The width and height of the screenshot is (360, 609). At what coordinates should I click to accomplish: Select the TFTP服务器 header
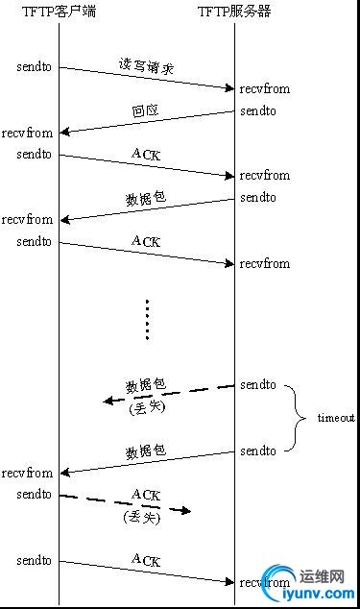coord(234,11)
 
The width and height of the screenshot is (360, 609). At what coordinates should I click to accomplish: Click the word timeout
coord(336,419)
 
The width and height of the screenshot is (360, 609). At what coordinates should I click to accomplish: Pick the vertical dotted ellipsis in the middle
coord(147,319)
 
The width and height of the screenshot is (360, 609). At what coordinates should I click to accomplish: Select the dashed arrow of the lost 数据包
coord(169,395)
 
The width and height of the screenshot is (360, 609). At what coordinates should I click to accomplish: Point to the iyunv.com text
coord(318,594)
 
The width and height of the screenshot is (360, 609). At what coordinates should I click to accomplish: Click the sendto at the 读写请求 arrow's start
coord(34,67)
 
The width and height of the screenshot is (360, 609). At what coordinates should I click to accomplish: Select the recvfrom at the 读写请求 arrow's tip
coord(264,89)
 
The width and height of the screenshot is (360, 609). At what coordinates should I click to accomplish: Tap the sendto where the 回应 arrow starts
coord(257,111)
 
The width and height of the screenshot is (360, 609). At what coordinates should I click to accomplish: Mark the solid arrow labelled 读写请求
coord(146,78)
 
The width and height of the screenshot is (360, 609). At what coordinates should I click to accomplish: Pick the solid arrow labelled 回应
coord(146,122)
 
